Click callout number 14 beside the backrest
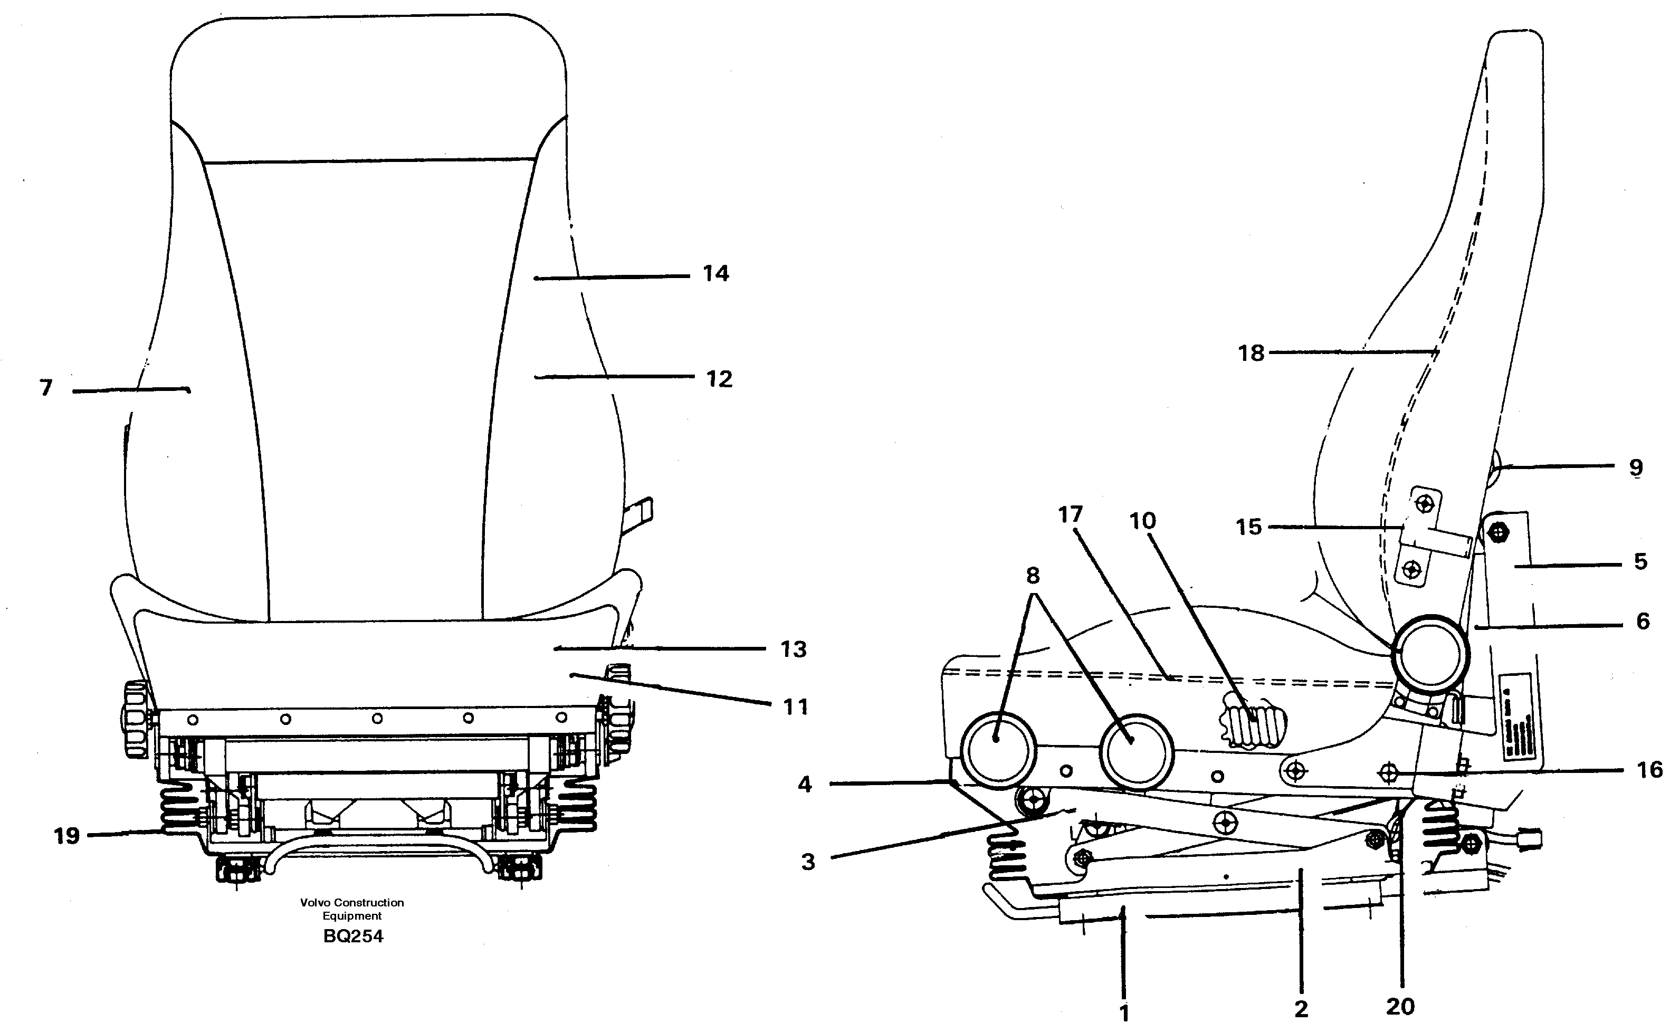[x=716, y=274]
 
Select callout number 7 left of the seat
[x=46, y=388]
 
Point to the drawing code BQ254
[x=353, y=937]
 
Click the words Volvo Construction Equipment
[x=352, y=909]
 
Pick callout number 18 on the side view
[x=1251, y=353]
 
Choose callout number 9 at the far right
[x=1636, y=467]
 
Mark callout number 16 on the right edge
[x=1649, y=770]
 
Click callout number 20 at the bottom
[x=1400, y=1006]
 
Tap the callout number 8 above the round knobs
[x=1033, y=576]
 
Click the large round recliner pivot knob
[x=1430, y=653]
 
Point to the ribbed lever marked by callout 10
[x=1252, y=721]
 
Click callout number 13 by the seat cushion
[x=794, y=649]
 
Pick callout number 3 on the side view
[x=808, y=862]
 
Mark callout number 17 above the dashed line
[x=1070, y=514]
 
